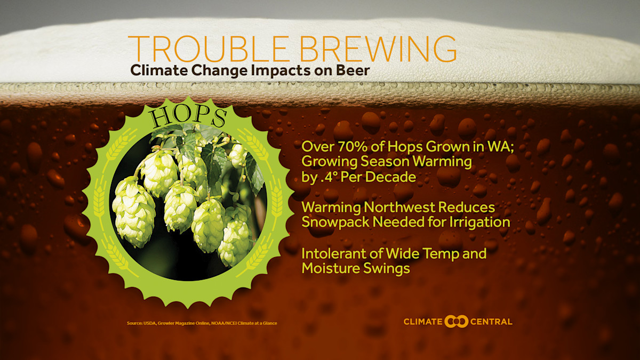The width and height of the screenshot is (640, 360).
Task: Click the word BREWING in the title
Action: point(373,49)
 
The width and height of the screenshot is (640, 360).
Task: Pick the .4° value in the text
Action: point(329,177)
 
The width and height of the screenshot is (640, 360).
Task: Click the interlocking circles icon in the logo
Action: point(456,321)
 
